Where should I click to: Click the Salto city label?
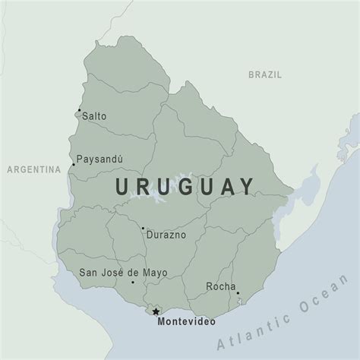point(95,116)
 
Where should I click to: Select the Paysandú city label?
point(101,160)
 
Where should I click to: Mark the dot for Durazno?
point(143,228)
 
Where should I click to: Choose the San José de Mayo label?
point(123,272)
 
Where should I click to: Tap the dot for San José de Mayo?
point(133,283)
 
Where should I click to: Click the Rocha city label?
point(219,286)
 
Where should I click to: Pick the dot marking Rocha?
point(237,293)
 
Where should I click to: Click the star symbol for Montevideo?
point(156,311)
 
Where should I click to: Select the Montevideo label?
point(182,322)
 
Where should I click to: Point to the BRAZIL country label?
point(265,74)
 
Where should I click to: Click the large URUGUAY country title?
point(185,187)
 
